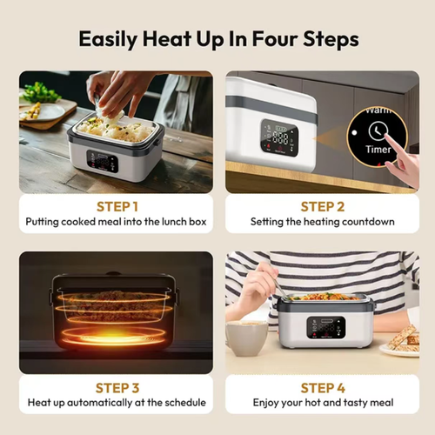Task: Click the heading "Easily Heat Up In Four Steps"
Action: click(x=217, y=39)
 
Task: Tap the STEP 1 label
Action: click(x=116, y=206)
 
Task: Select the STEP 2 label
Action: click(x=322, y=206)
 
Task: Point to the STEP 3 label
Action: click(x=116, y=387)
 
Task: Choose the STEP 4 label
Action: click(x=322, y=387)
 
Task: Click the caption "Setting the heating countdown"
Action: click(x=322, y=222)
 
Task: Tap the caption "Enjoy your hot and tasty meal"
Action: click(x=322, y=403)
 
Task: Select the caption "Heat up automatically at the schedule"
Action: click(x=116, y=403)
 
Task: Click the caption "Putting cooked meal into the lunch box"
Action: click(x=116, y=222)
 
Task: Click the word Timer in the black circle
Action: click(x=378, y=150)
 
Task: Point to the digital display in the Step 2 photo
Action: click(x=279, y=137)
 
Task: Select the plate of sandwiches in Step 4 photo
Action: click(x=402, y=341)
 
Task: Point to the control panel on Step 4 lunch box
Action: click(x=325, y=328)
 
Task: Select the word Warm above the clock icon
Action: click(x=378, y=110)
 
